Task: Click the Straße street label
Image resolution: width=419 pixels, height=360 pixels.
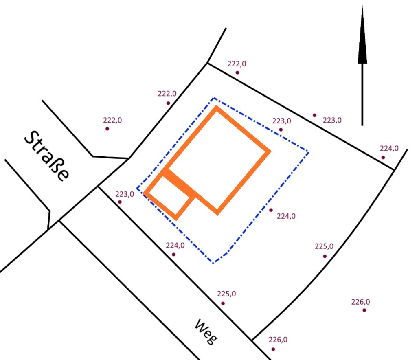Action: click(47, 156)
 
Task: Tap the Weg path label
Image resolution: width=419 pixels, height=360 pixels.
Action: click(206, 331)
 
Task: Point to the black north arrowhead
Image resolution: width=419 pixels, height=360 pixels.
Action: click(362, 35)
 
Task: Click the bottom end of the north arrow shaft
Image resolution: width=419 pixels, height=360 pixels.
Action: click(362, 125)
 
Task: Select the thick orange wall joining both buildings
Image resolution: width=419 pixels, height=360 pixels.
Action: click(180, 183)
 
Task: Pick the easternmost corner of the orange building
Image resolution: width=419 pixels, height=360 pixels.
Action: click(270, 151)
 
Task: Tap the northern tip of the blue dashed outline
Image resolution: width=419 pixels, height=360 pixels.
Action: click(214, 98)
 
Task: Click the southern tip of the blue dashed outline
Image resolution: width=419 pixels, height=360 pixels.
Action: click(213, 263)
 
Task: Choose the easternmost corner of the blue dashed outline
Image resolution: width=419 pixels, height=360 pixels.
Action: click(308, 153)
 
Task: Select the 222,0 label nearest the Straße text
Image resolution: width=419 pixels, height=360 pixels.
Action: click(112, 120)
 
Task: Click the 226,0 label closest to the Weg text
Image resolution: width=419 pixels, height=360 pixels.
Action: click(278, 340)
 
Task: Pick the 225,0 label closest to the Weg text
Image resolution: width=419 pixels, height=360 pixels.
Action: click(226, 294)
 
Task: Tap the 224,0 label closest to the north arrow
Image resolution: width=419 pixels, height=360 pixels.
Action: click(389, 148)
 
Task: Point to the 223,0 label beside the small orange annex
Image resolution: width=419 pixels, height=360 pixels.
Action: click(125, 194)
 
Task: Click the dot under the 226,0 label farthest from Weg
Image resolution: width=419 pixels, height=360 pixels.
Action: click(364, 310)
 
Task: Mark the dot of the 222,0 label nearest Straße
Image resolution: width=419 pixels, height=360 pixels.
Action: click(107, 129)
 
